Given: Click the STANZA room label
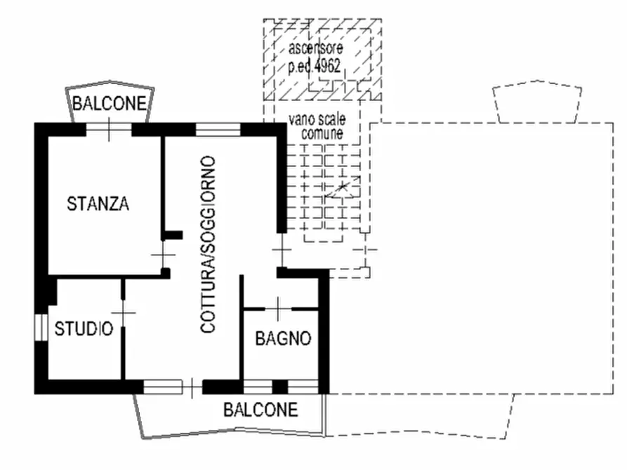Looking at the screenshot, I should tap(98, 204).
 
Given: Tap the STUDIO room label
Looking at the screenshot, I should tap(84, 328).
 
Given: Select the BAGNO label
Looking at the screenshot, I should tap(283, 339).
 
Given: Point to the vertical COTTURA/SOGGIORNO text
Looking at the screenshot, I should tap(208, 244).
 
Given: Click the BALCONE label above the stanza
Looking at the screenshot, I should tap(110, 104).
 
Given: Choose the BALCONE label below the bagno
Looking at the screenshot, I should tap(260, 410).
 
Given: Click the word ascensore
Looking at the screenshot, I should tap(316, 49).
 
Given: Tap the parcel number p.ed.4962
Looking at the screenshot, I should tap(315, 67).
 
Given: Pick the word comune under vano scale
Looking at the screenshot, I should tap(322, 132).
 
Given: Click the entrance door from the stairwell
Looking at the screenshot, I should tap(281, 249).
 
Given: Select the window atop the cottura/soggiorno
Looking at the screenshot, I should tap(218, 128).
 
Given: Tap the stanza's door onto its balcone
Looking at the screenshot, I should tap(109, 128).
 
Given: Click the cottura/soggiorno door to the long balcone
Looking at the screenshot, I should tap(173, 387).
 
